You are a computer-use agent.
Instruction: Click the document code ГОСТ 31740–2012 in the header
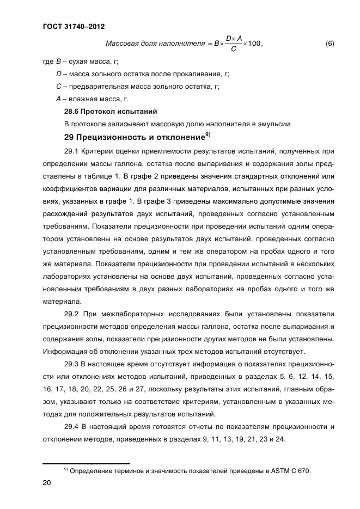pos(73,26)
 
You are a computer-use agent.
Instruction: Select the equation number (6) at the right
pos(330,44)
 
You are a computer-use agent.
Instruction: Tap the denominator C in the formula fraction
pos(233,50)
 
